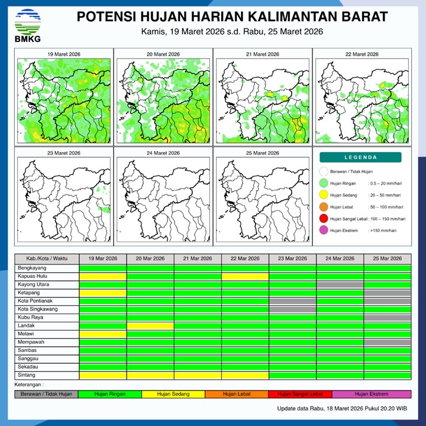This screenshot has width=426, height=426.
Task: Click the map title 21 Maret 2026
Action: (x=262, y=54)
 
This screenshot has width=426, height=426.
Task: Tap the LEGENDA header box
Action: (x=360, y=157)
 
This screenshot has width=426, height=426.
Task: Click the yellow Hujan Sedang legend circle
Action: (x=323, y=195)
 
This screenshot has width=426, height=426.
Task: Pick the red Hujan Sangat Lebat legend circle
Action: (x=323, y=219)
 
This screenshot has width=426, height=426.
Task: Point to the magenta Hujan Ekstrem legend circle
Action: (x=323, y=231)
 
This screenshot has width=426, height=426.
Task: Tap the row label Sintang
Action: (x=26, y=375)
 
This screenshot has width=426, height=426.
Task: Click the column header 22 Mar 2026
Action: (x=245, y=259)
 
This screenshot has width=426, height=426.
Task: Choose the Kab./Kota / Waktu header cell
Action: (x=47, y=259)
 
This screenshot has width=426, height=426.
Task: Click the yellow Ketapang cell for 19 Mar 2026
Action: (x=103, y=293)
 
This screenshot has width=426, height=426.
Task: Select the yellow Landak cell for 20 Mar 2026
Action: (x=150, y=326)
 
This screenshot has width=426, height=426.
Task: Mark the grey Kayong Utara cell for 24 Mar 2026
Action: (x=340, y=285)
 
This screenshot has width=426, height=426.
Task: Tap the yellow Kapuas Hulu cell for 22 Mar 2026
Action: (x=245, y=276)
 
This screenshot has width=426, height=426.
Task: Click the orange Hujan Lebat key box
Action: (x=236, y=393)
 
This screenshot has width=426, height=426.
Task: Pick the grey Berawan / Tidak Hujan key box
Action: (x=46, y=393)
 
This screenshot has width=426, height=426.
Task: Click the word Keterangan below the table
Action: (x=30, y=385)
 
